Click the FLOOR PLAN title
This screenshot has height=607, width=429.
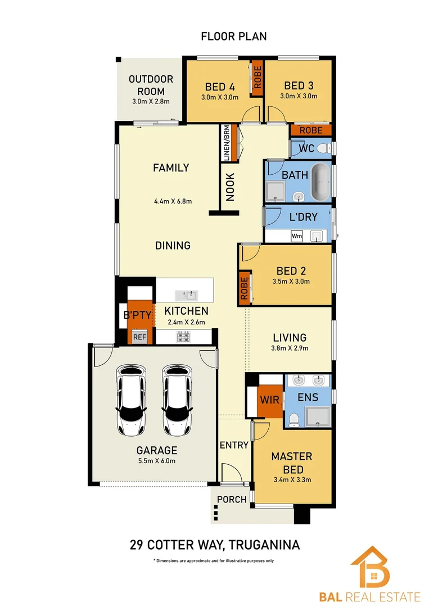(x=234, y=37)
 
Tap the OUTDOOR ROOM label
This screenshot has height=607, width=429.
(x=151, y=85)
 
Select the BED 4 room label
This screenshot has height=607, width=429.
(x=220, y=87)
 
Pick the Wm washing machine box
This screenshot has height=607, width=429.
(x=297, y=237)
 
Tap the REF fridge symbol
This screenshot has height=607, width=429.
(x=139, y=338)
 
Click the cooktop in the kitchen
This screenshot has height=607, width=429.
(x=183, y=337)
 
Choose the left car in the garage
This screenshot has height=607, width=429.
(x=131, y=400)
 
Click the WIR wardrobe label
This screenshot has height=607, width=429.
(x=266, y=401)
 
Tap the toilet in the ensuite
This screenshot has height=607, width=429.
(x=292, y=420)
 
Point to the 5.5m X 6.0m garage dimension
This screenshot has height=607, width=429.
(x=157, y=461)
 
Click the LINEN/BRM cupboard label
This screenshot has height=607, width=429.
(x=226, y=143)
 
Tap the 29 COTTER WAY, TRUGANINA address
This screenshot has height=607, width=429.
(x=214, y=545)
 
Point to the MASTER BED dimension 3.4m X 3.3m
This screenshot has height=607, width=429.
(x=292, y=480)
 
